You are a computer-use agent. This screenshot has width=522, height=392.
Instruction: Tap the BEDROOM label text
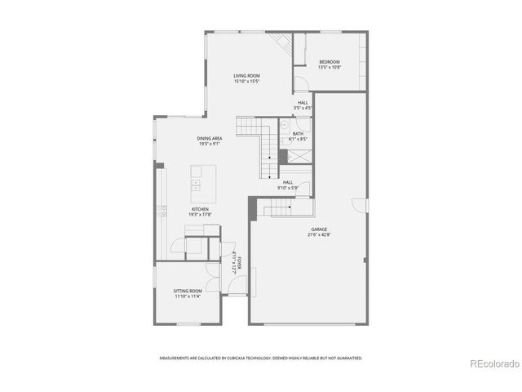point(330,62)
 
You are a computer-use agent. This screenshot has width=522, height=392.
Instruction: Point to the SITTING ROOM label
point(187,291)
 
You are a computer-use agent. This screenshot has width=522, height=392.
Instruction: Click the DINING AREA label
point(210,138)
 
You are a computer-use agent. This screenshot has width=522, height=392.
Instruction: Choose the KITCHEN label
point(200,209)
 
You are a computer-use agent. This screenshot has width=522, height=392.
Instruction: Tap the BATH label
point(298,133)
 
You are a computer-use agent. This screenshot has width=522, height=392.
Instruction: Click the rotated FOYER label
point(233,260)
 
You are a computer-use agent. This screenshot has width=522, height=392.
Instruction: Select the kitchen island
point(197,183)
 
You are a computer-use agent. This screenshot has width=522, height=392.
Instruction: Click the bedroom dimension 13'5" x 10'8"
point(330,68)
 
